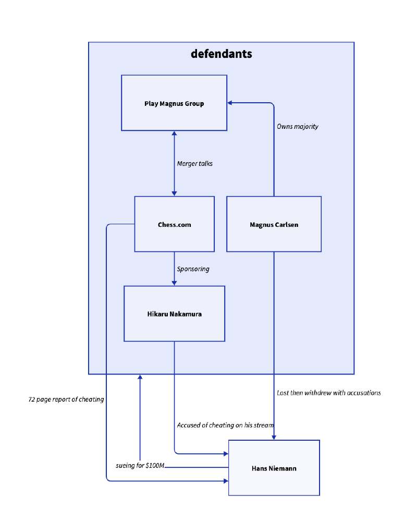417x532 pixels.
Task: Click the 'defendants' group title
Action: click(222, 54)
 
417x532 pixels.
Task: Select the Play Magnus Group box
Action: click(174, 103)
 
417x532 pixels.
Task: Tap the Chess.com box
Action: click(174, 224)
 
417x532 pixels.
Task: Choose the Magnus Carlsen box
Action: click(274, 224)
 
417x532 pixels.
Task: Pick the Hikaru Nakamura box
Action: click(174, 313)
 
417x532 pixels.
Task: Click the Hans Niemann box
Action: click(274, 468)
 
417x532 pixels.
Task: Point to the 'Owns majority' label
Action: click(297, 127)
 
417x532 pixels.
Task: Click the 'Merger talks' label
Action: click(194, 164)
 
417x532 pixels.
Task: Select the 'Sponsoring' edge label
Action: click(193, 269)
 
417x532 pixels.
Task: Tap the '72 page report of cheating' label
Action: click(66, 400)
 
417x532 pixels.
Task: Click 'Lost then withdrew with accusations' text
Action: click(328, 393)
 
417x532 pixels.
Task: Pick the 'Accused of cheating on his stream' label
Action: click(225, 425)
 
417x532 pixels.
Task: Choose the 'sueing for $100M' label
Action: click(140, 465)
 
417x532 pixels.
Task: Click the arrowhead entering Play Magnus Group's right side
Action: click(229, 103)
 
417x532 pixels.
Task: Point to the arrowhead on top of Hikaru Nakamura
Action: click(174, 283)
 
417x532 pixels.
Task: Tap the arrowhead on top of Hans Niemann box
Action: click(274, 438)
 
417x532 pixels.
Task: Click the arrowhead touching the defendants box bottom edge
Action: click(140, 377)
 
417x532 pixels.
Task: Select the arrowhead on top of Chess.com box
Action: click(174, 194)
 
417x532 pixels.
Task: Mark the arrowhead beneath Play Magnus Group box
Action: click(174, 134)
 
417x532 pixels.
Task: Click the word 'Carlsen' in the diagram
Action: click(287, 225)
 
